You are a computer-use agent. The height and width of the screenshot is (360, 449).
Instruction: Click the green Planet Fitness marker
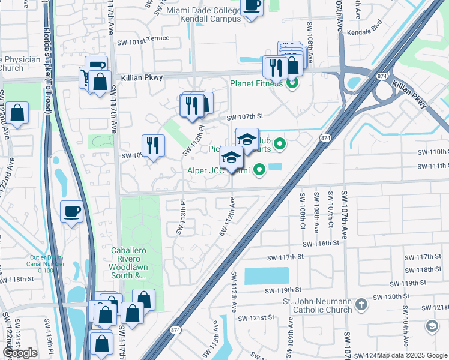(x=292, y=83)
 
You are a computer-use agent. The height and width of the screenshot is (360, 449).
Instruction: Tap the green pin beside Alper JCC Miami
(x=259, y=170)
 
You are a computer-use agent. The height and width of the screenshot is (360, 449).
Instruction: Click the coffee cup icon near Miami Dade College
(x=252, y=5)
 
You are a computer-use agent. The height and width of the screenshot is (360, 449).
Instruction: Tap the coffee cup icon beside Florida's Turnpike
(x=72, y=211)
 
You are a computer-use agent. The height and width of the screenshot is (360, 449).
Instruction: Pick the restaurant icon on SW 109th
(x=153, y=145)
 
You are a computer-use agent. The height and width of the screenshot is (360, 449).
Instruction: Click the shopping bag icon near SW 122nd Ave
(x=18, y=113)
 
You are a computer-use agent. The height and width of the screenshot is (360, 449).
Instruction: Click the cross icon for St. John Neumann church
(x=361, y=305)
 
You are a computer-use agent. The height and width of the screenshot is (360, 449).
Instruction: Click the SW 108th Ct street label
(x=301, y=210)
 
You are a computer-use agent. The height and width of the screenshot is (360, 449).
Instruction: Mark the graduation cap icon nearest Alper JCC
(x=231, y=157)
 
